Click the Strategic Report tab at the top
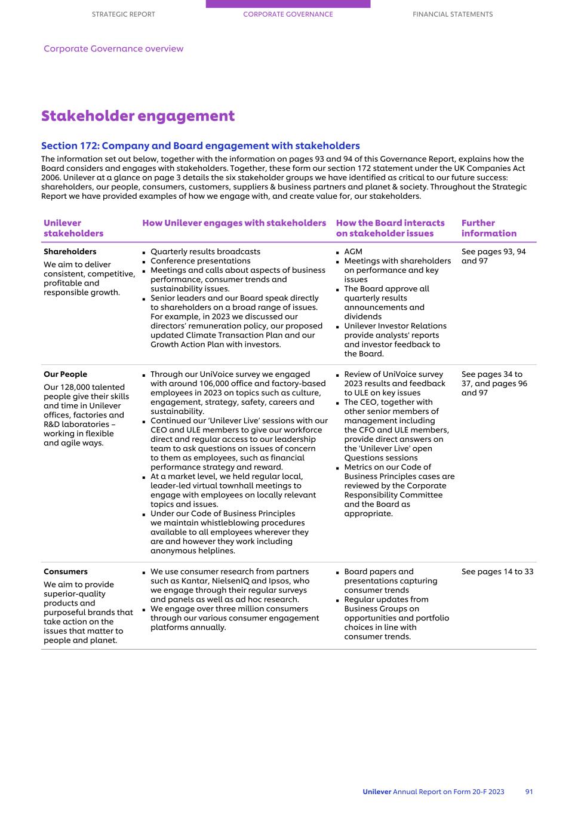(123, 14)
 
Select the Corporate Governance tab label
(288, 14)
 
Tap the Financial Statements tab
(453, 14)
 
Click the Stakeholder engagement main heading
(138, 116)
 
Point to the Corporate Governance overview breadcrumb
(113, 49)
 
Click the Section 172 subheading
(200, 146)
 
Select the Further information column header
(488, 228)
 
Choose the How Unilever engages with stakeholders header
(234, 223)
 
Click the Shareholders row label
(70, 251)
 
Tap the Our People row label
(65, 374)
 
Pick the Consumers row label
(66, 571)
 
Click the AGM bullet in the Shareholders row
(353, 251)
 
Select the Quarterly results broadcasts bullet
(205, 251)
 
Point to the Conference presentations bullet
(200, 261)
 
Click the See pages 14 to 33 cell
(497, 571)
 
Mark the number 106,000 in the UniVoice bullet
(213, 383)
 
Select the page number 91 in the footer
(529, 792)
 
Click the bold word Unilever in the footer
(377, 792)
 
